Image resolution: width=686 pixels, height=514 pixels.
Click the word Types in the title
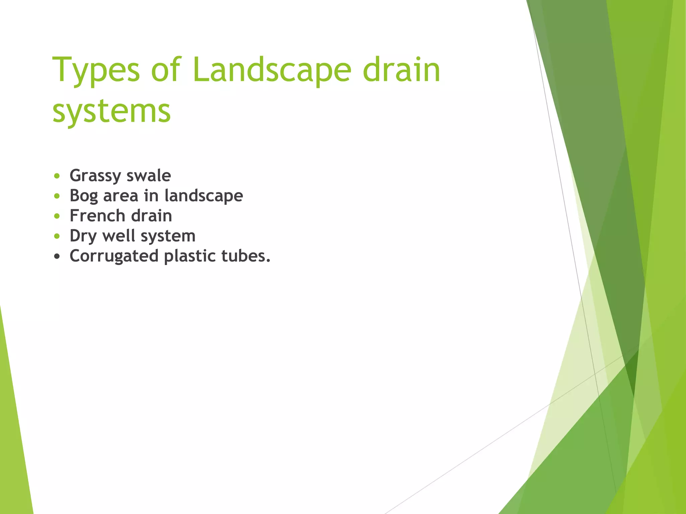(96, 70)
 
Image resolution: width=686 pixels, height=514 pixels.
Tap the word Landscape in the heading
(272, 70)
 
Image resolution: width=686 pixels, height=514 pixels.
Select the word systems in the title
(112, 111)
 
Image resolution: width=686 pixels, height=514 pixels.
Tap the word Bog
(84, 196)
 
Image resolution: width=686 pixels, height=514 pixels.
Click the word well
(119, 236)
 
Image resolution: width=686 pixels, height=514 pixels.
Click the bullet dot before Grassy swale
(57, 176)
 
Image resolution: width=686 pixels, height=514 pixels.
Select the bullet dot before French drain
(57, 216)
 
